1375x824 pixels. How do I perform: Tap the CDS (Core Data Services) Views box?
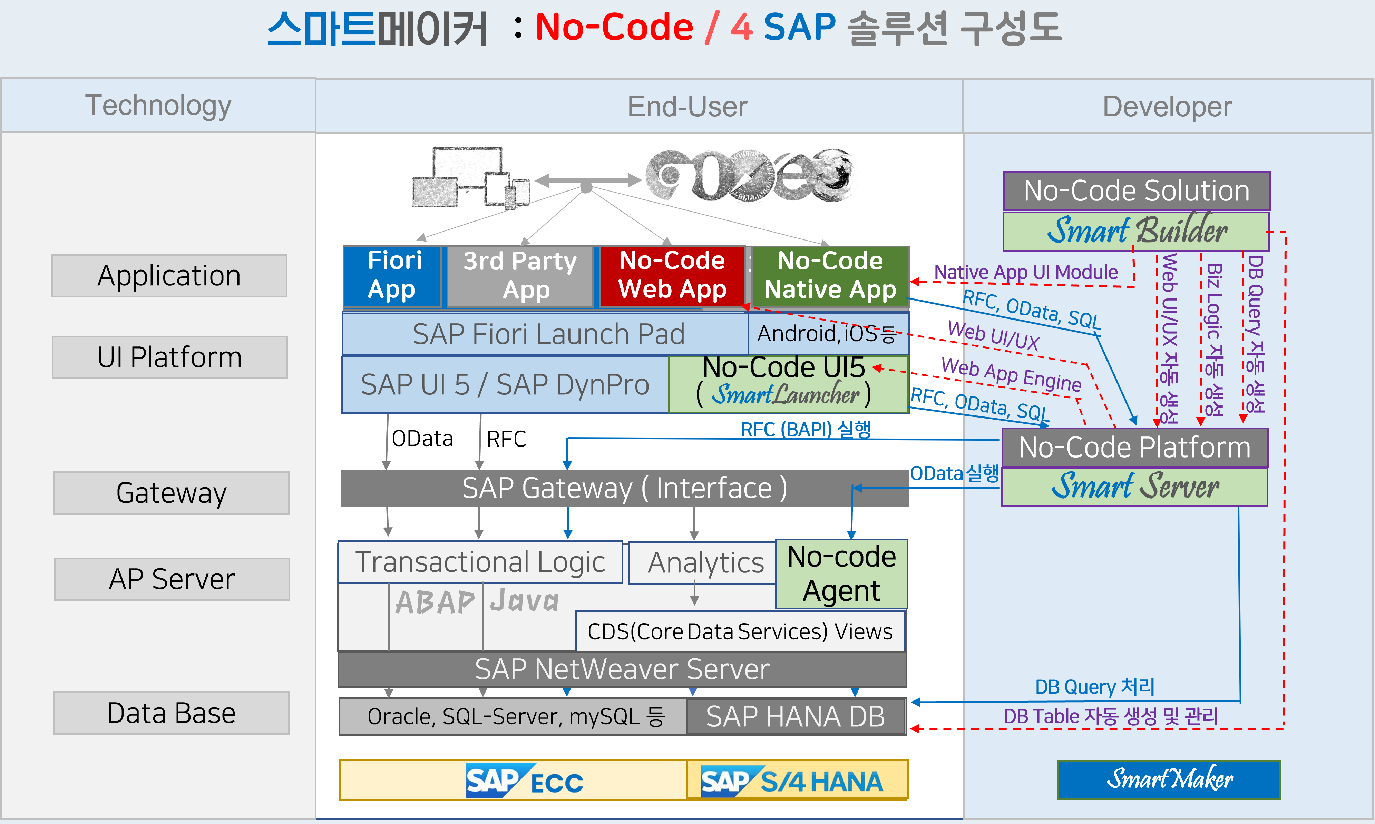[x=739, y=631]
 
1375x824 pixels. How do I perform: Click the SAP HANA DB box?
[x=795, y=716]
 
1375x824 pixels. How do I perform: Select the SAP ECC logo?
[x=524, y=781]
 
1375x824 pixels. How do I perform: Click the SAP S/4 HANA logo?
[x=791, y=781]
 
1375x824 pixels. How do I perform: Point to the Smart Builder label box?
[x=1136, y=231]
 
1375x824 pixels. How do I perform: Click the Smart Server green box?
[x=1134, y=487]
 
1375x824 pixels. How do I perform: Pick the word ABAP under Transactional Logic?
[x=435, y=602]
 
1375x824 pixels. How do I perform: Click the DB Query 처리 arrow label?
[x=1094, y=687]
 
